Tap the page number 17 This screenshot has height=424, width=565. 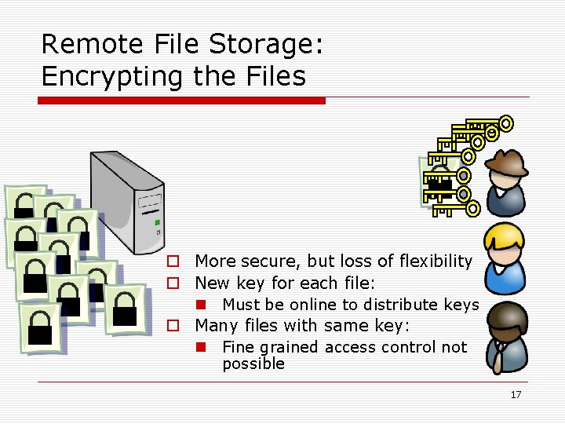pos(515,394)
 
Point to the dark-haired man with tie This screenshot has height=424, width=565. pos(505,338)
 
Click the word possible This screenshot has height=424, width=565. pos(253,364)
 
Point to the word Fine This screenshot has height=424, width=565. pos(238,347)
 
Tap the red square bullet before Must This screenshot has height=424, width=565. pos(202,305)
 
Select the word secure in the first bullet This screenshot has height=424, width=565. pos(272,261)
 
